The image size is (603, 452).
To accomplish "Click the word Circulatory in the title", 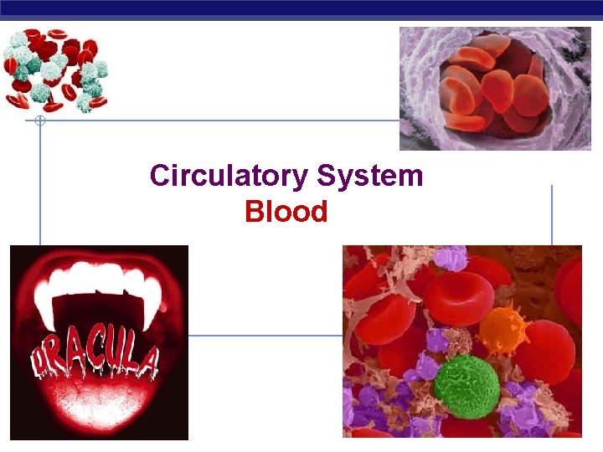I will (x=229, y=177).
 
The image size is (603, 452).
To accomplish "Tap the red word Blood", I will (x=286, y=213).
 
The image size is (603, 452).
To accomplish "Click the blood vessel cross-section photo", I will (x=494, y=88).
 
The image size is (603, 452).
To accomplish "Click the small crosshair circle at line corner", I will (x=39, y=121).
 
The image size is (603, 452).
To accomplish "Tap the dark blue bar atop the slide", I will (x=301, y=8).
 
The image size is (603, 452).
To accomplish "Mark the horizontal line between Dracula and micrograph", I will (x=265, y=335).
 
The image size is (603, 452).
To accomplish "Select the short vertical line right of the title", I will (x=551, y=214).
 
